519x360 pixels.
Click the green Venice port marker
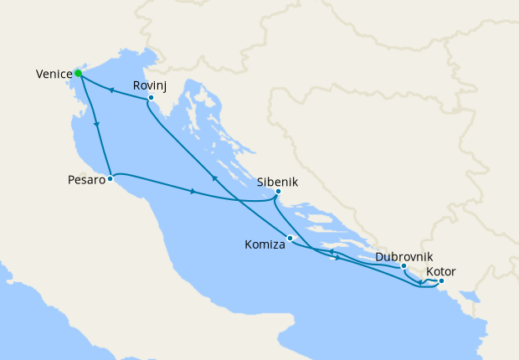tap(78, 73)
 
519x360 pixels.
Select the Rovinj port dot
tap(151, 98)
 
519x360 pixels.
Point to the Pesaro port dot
tap(110, 178)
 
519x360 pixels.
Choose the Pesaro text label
tap(86, 179)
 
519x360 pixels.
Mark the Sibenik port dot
tap(278, 191)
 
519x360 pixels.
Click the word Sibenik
tap(277, 180)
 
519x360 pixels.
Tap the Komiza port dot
tap(290, 239)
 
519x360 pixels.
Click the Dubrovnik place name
tap(404, 255)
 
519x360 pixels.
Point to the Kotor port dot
tap(441, 281)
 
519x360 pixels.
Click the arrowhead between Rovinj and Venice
tap(110, 89)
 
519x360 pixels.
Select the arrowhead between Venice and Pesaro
tap(99, 125)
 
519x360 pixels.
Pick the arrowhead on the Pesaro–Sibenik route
tap(193, 193)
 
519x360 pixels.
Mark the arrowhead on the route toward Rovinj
tap(213, 177)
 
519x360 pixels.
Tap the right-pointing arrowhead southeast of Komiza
tap(337, 257)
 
